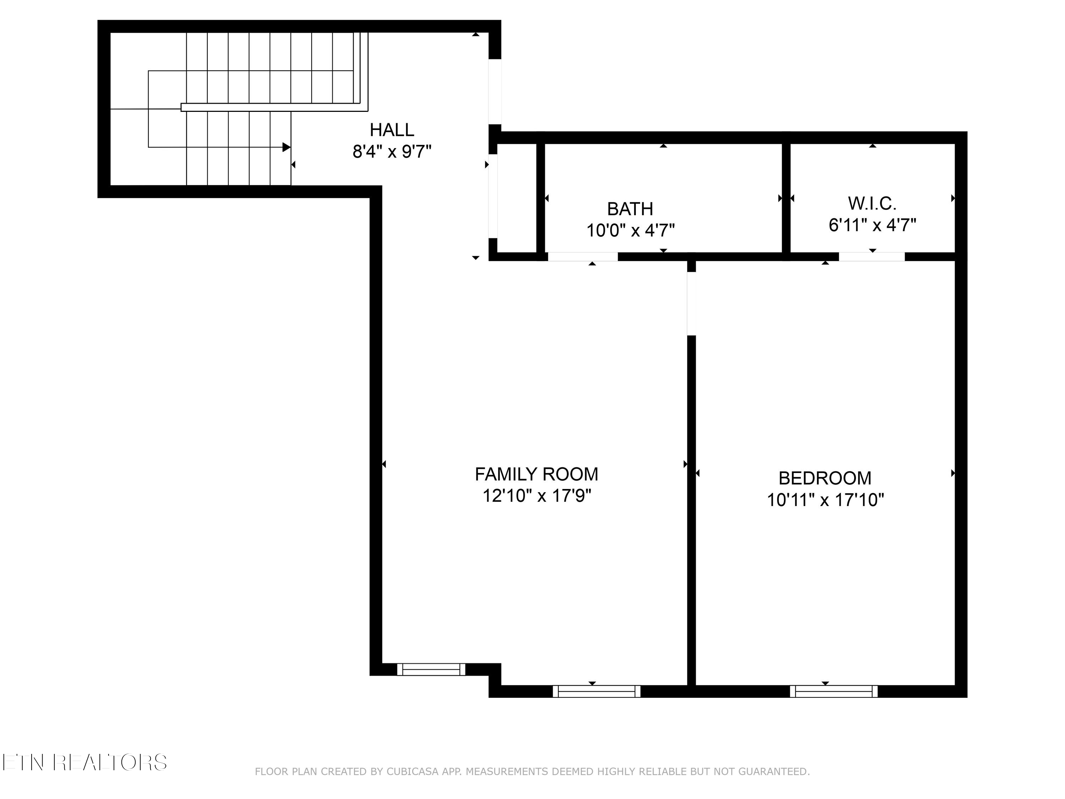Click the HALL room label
(392, 130)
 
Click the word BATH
(630, 209)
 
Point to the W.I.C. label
(872, 204)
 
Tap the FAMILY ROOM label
(536, 474)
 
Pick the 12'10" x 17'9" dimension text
(536, 496)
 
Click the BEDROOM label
(825, 478)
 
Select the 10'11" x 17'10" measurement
(825, 500)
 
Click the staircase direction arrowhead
(286, 147)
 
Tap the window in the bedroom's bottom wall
(834, 692)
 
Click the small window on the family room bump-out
(431, 669)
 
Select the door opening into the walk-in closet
(872, 257)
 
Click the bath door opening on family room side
(583, 257)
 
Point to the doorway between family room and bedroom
(692, 303)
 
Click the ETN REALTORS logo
(84, 762)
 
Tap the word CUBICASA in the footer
(412, 772)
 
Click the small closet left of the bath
(517, 197)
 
